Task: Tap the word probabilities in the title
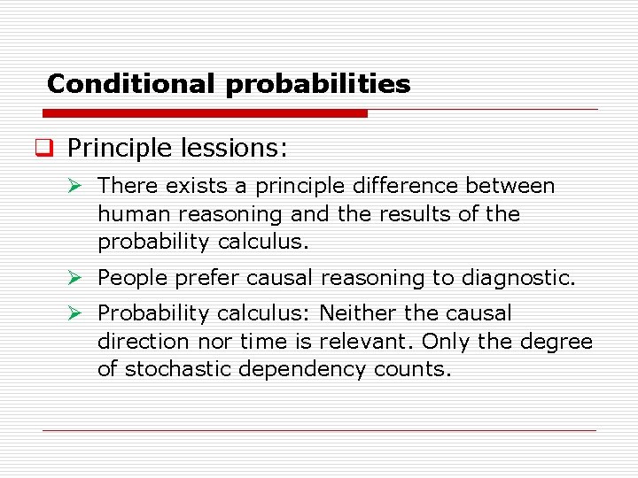click(x=318, y=85)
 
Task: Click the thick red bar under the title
click(x=205, y=113)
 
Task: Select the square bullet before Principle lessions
click(x=52, y=148)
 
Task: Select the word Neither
click(x=361, y=313)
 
